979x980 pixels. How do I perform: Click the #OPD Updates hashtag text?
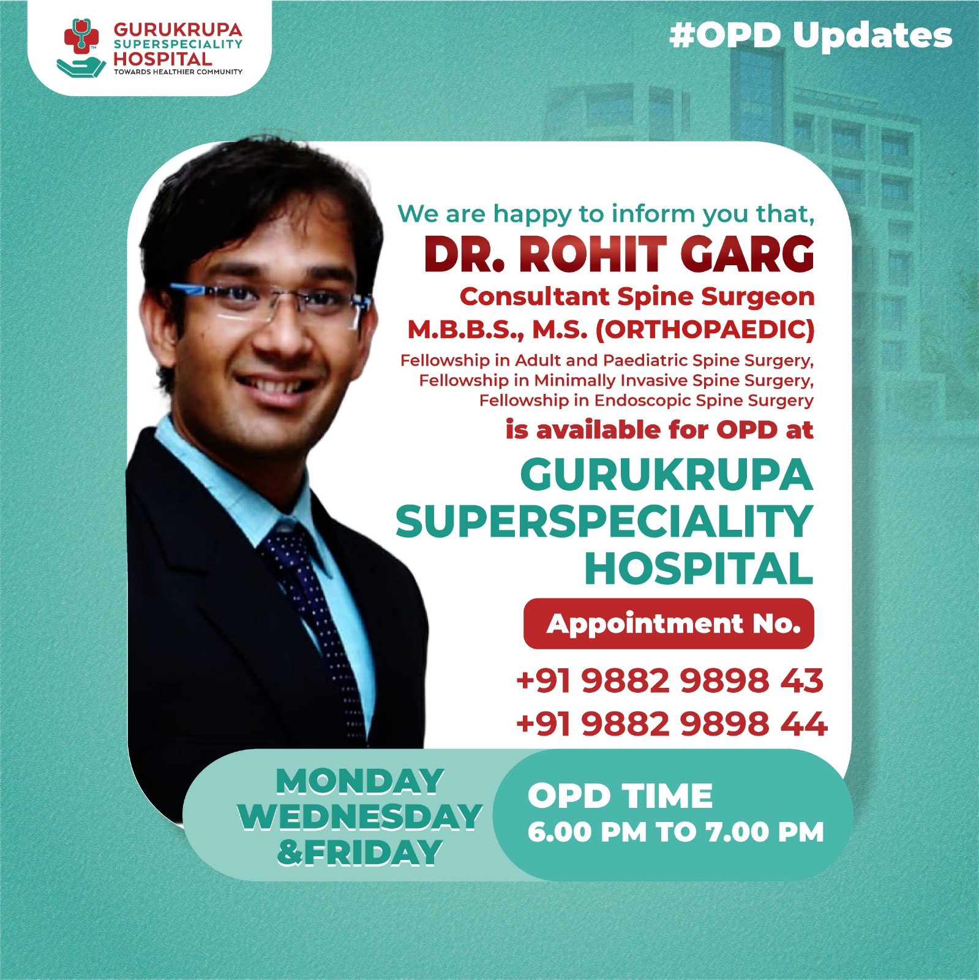point(811,35)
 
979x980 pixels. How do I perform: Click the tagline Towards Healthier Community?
point(178,72)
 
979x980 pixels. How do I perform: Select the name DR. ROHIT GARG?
point(618,254)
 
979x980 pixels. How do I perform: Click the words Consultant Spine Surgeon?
point(637,296)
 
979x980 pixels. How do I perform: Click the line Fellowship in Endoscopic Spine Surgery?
point(646,401)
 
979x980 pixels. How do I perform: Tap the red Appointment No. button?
point(669,624)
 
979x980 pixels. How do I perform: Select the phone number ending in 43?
point(670,680)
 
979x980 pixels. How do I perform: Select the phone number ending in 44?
point(672,724)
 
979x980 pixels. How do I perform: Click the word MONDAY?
point(360,782)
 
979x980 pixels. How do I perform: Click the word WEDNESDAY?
point(360,816)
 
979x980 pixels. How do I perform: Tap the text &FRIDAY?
point(360,852)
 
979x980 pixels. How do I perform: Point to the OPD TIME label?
point(620,796)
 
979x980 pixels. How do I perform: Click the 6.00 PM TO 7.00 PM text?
point(675,832)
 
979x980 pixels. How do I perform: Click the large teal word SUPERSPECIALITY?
point(604,522)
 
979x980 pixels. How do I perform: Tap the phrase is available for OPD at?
point(659,430)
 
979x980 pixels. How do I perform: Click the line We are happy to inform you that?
point(606,214)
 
